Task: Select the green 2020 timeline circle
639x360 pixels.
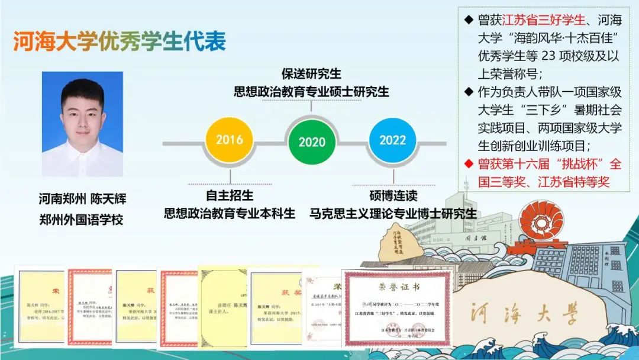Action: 312,142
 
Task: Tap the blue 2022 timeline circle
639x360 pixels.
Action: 392,140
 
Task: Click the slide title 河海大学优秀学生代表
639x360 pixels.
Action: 120,42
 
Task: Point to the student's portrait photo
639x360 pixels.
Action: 82,124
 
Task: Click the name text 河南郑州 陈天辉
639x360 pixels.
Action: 82,199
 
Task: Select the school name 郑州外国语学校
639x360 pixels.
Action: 81,220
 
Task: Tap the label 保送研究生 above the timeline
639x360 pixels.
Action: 311,74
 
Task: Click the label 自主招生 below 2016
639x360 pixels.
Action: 229,195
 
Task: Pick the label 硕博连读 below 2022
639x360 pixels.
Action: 392,195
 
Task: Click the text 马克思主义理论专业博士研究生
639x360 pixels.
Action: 392,213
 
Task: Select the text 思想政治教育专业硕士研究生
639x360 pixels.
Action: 311,92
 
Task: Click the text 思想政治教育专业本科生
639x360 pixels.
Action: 229,213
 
